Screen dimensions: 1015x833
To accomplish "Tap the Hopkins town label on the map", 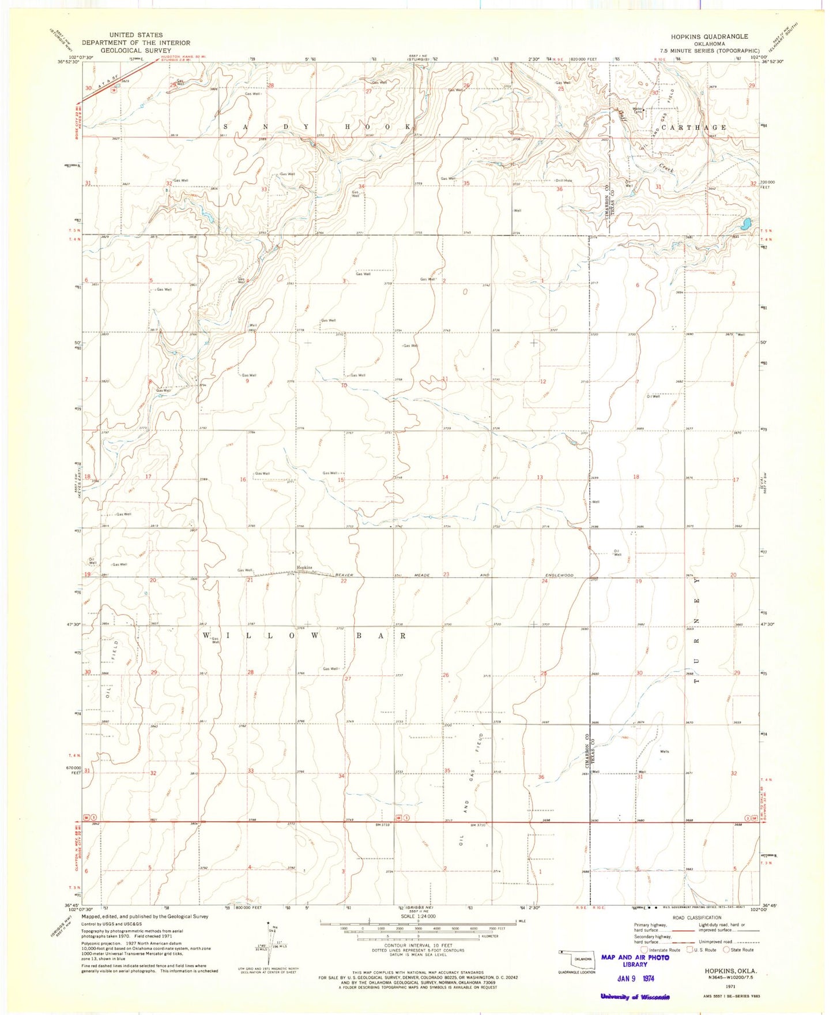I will (304, 567).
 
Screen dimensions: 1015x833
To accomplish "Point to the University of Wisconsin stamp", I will (635, 997).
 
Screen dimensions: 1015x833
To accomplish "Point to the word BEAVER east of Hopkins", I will (345, 575).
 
